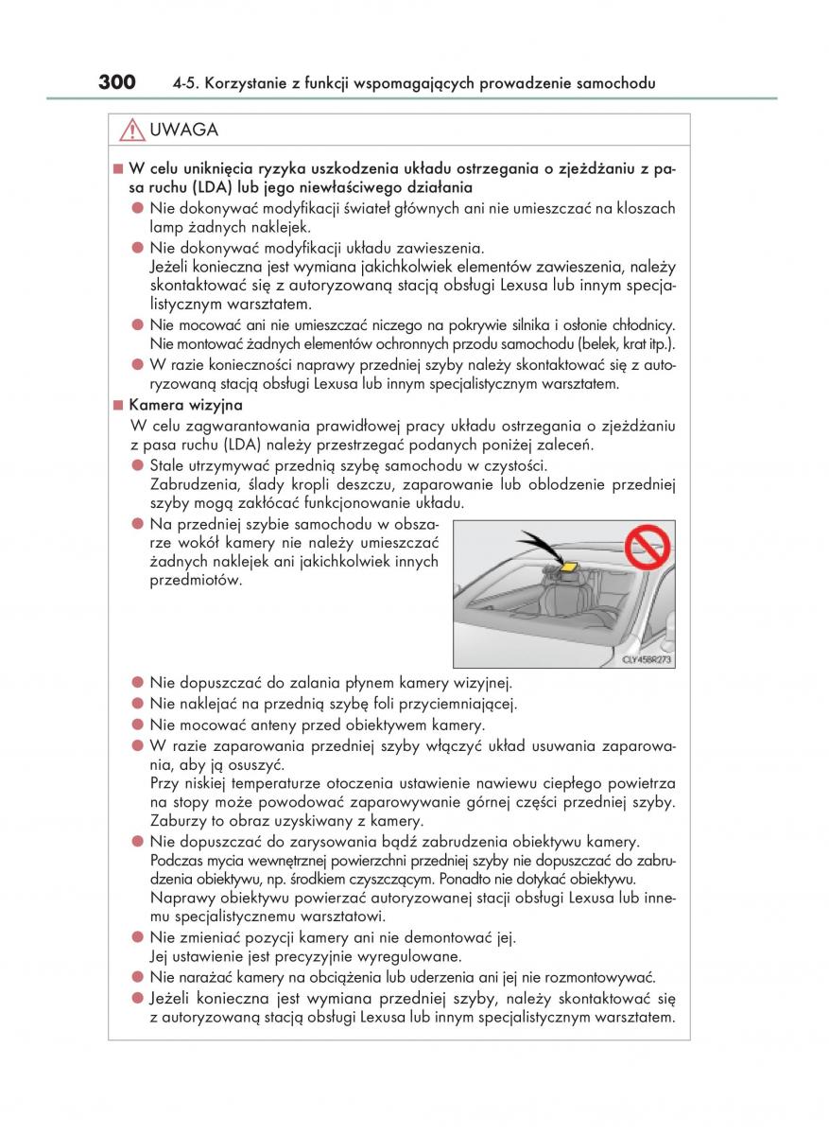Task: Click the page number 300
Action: pos(117,82)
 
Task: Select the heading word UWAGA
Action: pos(184,131)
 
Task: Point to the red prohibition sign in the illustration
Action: pos(647,547)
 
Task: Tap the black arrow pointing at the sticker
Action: pos(540,546)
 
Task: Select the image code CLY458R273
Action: pos(647,659)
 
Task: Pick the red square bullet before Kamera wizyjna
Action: pos(118,405)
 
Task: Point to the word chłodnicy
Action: pos(640,324)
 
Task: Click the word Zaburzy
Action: pos(178,821)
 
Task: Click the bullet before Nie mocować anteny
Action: pos(137,725)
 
